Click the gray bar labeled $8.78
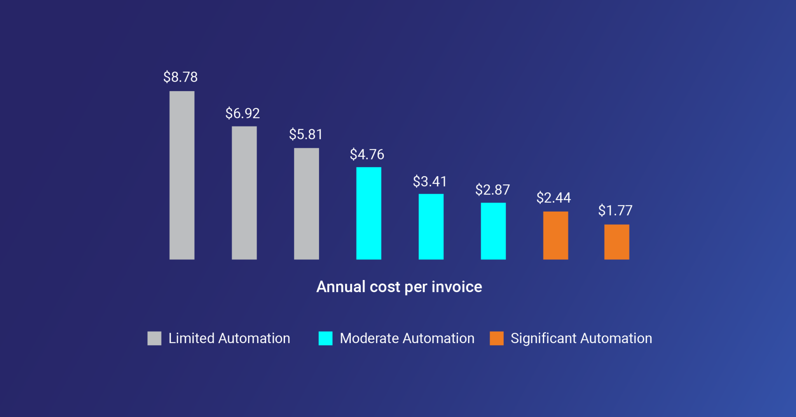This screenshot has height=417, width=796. tap(182, 175)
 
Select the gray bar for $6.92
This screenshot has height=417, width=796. tap(244, 193)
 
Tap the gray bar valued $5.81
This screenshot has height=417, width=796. tap(306, 203)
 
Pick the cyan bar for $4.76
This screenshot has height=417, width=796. tap(368, 213)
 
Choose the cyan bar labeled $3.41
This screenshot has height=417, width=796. tap(431, 226)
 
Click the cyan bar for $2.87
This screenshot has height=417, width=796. tap(493, 231)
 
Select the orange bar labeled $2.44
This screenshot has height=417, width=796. tap(555, 235)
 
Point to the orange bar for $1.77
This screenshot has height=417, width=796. tap(616, 242)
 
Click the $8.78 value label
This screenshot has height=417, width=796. tap(180, 77)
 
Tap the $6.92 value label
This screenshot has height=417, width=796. tap(243, 113)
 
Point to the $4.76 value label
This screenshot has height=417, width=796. tap(367, 154)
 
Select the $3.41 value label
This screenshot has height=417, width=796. tap(429, 181)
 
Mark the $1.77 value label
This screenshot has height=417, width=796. tap(615, 210)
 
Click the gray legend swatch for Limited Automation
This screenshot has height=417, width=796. tap(154, 338)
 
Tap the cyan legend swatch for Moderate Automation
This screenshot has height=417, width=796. tap(325, 338)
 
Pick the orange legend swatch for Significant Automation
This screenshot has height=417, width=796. tap(496, 338)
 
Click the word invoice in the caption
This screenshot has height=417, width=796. tap(457, 287)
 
